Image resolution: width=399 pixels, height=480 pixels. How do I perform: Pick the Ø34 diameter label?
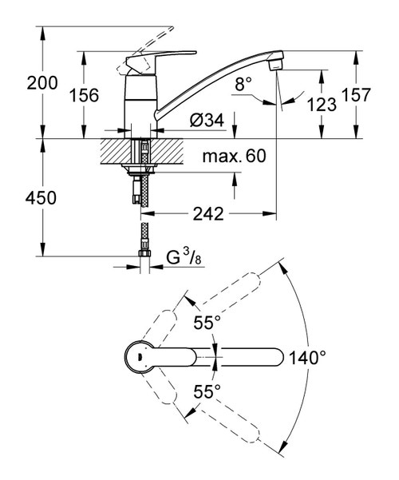[207, 121]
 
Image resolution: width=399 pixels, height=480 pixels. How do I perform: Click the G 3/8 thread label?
[183, 258]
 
